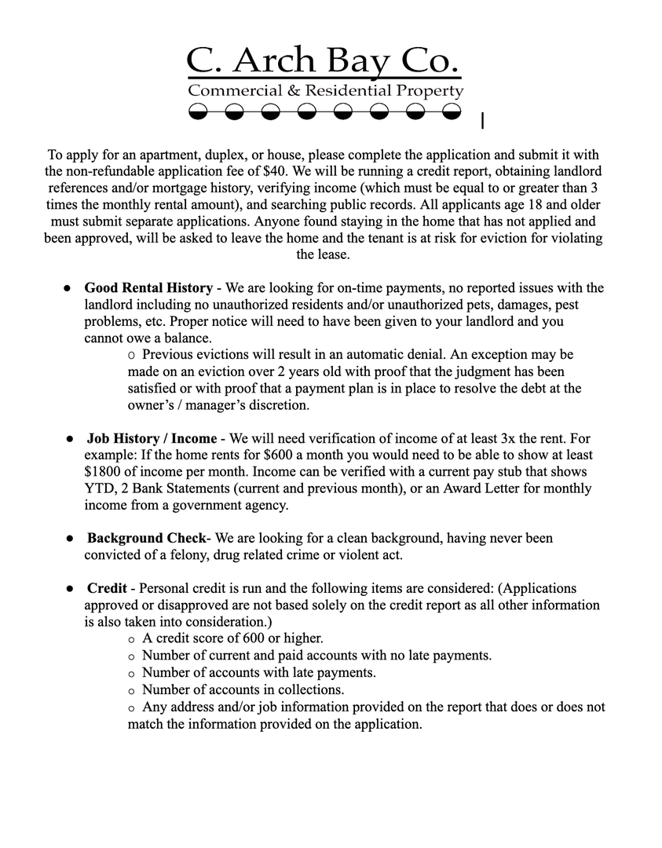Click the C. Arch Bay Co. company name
click(x=323, y=60)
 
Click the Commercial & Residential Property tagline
click(x=325, y=91)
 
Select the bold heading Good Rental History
click(x=148, y=288)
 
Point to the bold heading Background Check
click(x=146, y=539)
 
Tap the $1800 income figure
click(x=102, y=472)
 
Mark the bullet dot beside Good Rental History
click(x=68, y=288)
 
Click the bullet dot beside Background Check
click(x=70, y=539)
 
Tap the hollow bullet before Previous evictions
click(x=131, y=355)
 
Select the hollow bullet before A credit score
click(x=131, y=639)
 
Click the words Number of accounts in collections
click(x=243, y=689)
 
